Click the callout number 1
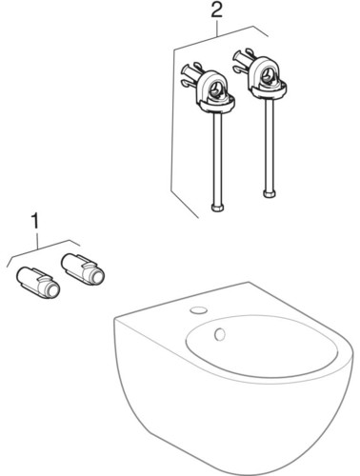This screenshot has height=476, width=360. coord(36,220)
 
